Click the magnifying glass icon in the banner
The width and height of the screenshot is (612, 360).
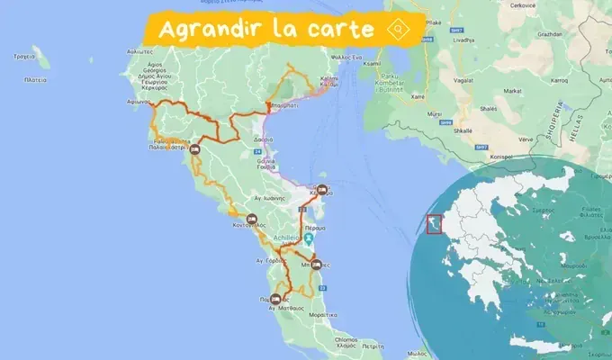pos(396,29)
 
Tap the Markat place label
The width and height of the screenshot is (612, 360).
pos(512,91)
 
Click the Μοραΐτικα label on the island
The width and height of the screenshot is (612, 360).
pos(321,315)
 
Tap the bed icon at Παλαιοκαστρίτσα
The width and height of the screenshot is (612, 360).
pos(193,150)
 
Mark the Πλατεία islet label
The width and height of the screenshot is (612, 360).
pos(36,79)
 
